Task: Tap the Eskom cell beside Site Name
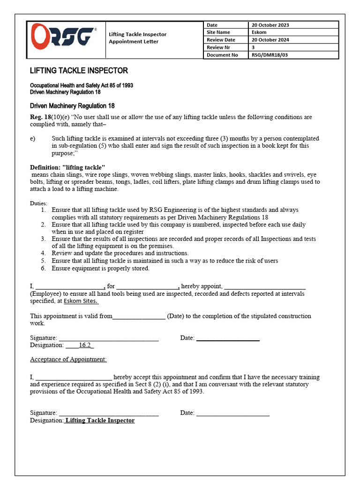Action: click(259, 32)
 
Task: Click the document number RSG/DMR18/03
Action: click(270, 55)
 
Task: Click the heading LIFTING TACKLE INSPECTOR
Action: click(79, 71)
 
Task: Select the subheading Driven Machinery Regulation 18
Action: click(72, 106)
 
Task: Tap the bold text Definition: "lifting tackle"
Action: click(67, 167)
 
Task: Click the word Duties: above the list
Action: click(38, 203)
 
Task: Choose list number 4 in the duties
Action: click(43, 253)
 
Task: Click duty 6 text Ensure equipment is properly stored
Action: click(100, 268)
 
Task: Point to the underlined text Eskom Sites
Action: click(81, 301)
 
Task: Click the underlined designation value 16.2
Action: click(85, 345)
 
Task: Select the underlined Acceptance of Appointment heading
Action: click(68, 360)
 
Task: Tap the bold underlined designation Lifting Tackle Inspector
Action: click(100, 420)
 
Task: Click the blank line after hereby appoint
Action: click(265, 286)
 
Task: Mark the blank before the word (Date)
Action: click(139, 316)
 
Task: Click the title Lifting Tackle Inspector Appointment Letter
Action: click(137, 38)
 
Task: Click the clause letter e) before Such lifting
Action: click(32, 139)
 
